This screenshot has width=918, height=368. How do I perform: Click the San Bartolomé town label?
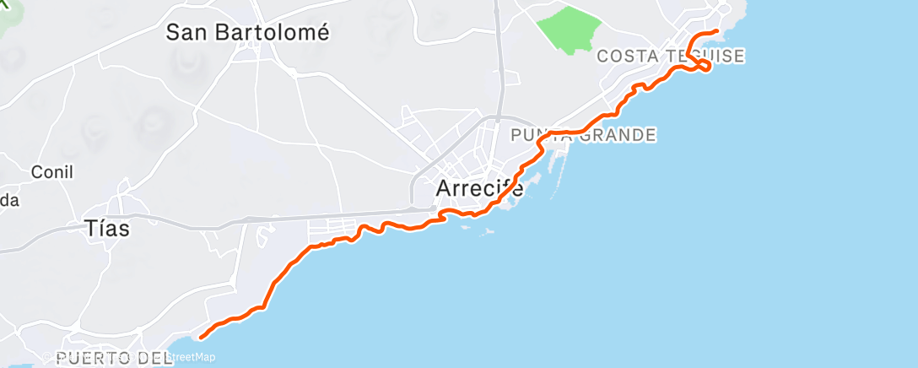point(246,33)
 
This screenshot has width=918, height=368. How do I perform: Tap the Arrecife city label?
point(479,188)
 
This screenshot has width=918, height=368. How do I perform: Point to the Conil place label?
point(52,172)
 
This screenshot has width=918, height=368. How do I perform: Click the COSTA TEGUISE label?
point(670,57)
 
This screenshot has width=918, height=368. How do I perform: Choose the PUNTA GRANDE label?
point(583,135)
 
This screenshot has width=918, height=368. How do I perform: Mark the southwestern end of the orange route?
point(201,338)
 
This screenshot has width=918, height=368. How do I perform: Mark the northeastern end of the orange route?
point(717,31)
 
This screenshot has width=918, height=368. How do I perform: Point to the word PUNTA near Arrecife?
point(537,135)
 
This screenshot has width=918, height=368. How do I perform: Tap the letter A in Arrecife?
point(444,188)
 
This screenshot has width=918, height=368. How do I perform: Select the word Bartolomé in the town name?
point(271,33)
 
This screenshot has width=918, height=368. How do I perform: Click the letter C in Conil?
point(36,172)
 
